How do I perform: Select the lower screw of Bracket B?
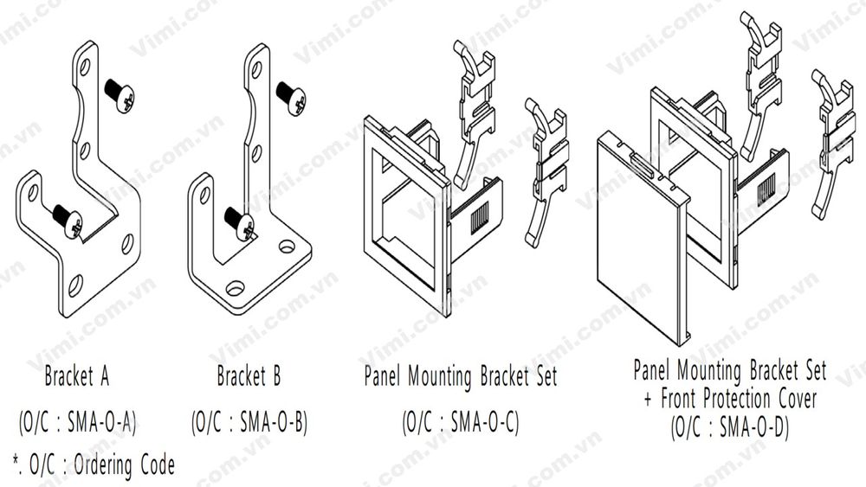tap(240, 223)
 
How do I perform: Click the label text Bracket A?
tap(76, 377)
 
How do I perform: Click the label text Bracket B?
tap(249, 377)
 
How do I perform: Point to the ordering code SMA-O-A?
tap(77, 422)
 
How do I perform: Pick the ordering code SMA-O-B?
tap(249, 422)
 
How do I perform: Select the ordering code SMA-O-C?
tap(460, 422)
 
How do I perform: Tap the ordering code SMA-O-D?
tap(729, 427)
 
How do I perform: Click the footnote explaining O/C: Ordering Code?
tap(94, 466)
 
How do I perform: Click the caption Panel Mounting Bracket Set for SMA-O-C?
tap(460, 377)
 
